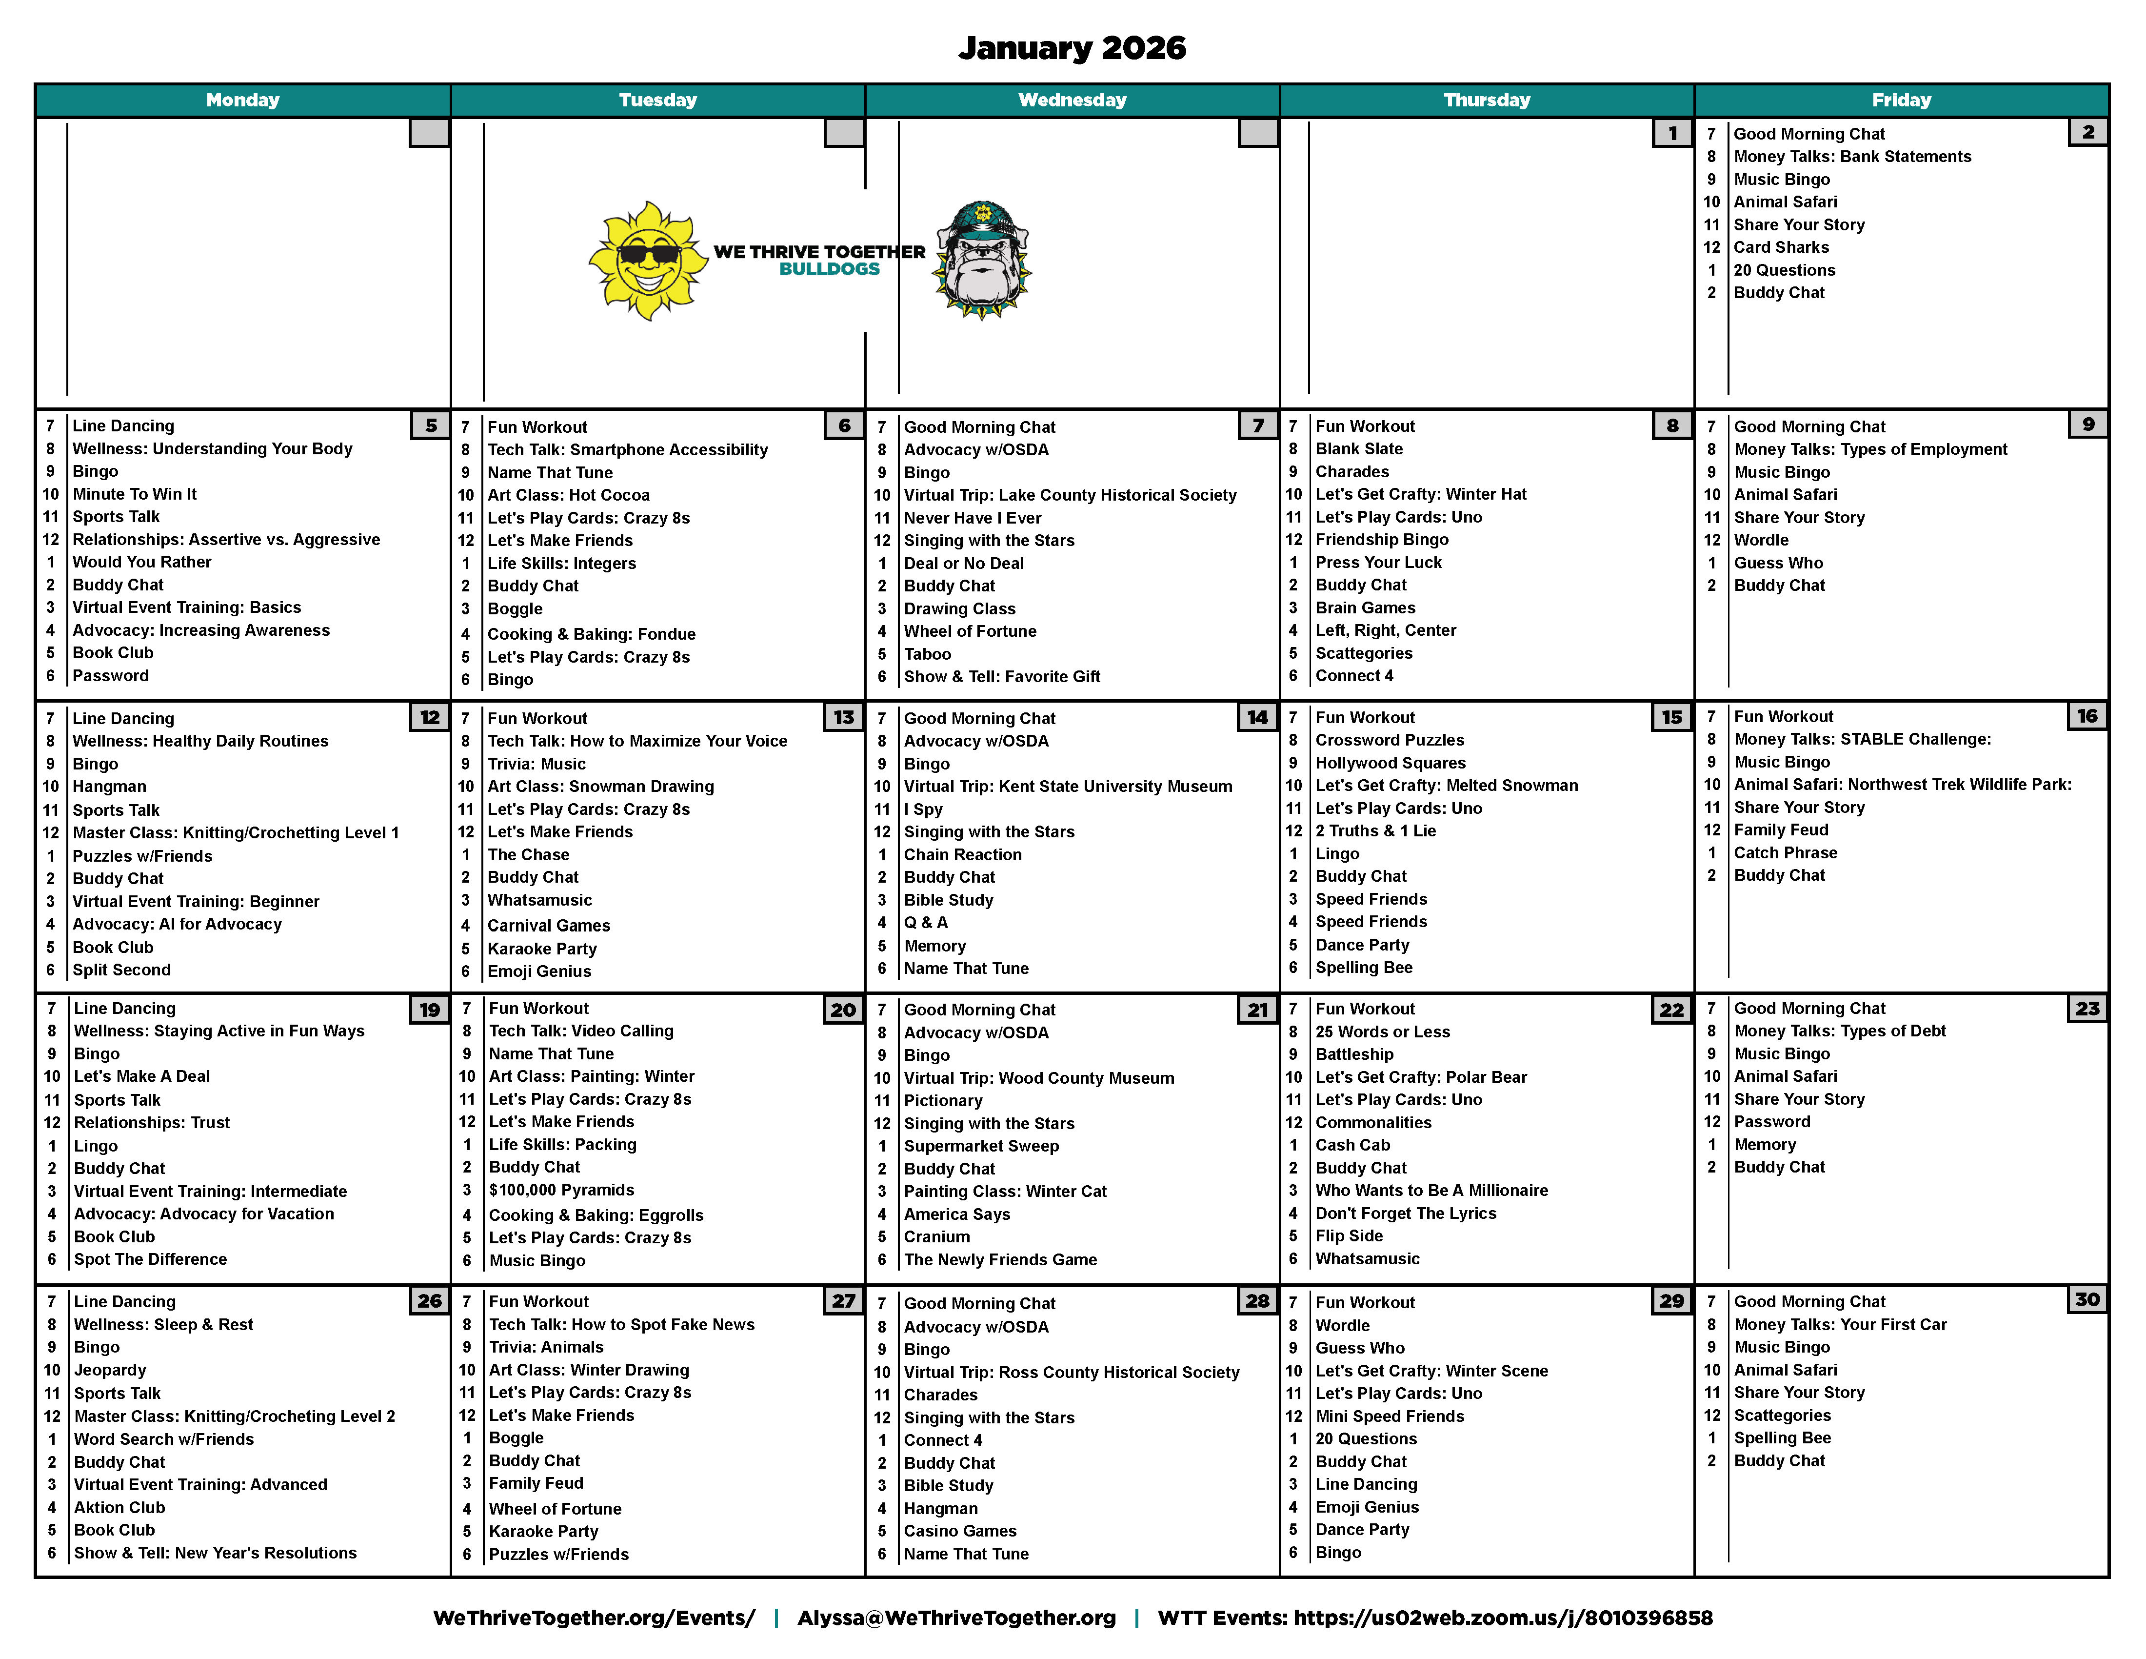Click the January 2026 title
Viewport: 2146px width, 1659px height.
[x=1072, y=48]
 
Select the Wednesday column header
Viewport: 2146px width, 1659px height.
[x=1072, y=100]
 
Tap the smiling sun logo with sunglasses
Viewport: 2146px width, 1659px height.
[x=648, y=261]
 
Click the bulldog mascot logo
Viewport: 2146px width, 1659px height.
[x=982, y=261]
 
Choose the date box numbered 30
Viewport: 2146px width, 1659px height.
[x=2087, y=1299]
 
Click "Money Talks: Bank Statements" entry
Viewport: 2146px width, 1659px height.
[x=1851, y=156]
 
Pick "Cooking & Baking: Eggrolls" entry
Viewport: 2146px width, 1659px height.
[x=596, y=1215]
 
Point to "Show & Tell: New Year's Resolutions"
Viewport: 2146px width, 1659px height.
[x=215, y=1553]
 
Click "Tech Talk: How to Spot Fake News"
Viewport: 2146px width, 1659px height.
[x=621, y=1325]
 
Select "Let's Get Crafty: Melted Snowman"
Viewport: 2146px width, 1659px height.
[x=1447, y=785]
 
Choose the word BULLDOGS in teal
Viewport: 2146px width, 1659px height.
[x=829, y=269]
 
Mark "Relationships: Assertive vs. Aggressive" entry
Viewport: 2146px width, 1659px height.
[x=226, y=540]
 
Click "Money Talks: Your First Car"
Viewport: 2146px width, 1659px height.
[x=1839, y=1325]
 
